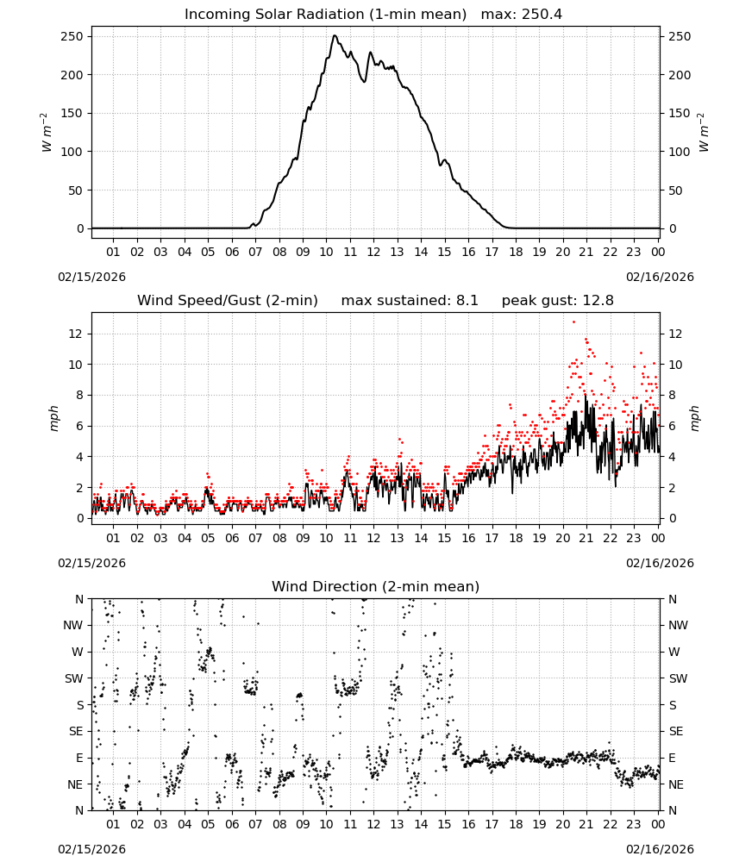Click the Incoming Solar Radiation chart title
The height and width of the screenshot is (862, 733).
coord(325,15)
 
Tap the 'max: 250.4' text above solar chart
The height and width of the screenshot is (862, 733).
coord(522,15)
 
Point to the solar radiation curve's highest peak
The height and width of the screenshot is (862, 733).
coord(335,35)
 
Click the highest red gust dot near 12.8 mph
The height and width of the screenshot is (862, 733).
coord(573,322)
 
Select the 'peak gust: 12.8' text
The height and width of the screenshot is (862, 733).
coord(557,301)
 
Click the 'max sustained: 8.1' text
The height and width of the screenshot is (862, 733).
coord(410,301)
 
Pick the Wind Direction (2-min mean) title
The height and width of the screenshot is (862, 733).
coord(376,586)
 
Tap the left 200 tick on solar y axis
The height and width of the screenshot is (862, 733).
coord(72,75)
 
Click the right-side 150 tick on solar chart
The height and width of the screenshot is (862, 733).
coord(680,113)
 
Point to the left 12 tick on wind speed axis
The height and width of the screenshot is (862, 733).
coord(76,334)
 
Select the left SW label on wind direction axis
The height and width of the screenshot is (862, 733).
coord(74,678)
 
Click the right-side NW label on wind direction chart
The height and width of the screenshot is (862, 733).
coord(678,625)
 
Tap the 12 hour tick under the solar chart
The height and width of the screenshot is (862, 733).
coord(373,252)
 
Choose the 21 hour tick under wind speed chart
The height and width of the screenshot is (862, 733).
coord(586,538)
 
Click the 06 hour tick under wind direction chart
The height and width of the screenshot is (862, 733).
coord(232,824)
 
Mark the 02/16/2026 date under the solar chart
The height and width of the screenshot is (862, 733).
coord(660,277)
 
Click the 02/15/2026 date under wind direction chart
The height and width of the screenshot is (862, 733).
coord(91,849)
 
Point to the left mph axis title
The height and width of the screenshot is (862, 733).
coord(53,418)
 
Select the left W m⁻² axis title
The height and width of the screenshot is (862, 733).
coord(47,133)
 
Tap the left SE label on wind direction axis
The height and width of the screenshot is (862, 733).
coord(76,731)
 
